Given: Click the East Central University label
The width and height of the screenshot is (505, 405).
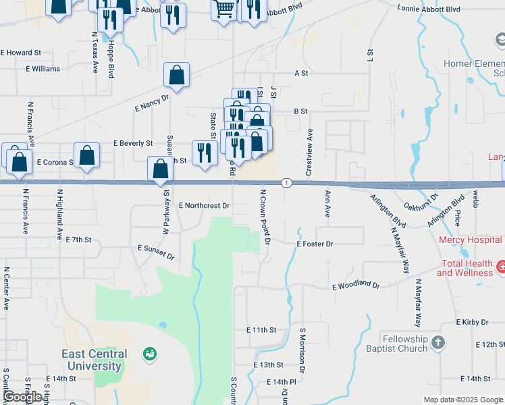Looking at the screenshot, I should (94, 360).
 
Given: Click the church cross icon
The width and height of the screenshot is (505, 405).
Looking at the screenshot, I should (439, 343).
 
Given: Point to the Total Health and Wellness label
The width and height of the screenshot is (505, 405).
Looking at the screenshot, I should (464, 268).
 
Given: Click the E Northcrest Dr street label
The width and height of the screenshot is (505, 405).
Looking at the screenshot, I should (205, 205).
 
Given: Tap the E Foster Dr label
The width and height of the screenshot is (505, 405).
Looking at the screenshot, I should (315, 244).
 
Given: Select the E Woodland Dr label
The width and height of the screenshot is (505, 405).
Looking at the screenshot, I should (356, 286).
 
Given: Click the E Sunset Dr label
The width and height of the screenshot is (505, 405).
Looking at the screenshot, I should (156, 252).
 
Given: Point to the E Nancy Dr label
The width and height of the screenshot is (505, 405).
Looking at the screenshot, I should (151, 103).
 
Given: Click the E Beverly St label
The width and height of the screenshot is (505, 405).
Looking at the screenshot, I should (133, 144).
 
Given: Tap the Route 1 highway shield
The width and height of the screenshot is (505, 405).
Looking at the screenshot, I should (287, 183).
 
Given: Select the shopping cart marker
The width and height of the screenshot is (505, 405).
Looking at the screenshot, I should (224, 8).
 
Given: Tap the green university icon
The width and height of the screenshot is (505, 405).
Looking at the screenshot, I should (150, 353).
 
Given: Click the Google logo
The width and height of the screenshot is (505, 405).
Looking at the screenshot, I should (23, 397).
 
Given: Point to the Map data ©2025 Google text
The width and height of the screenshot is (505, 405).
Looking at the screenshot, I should (462, 400).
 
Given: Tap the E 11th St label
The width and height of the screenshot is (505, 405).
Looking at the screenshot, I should (261, 330).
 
